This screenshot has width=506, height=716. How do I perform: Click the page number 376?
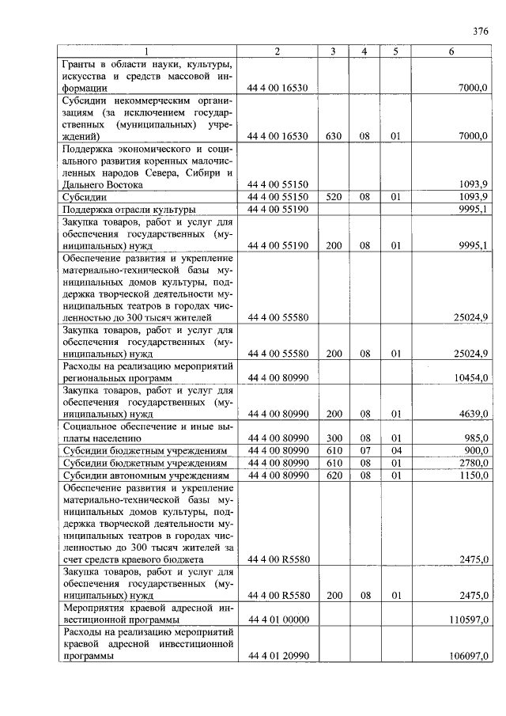(480, 32)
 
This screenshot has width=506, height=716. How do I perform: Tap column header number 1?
(148, 51)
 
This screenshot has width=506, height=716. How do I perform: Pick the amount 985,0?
(476, 437)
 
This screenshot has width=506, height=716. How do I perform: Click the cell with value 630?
(334, 136)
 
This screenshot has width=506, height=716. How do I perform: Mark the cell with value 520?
(334, 195)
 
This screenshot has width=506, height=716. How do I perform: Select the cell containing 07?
(364, 450)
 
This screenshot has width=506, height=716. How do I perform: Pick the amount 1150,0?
(474, 475)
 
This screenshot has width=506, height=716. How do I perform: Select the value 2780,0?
(474, 463)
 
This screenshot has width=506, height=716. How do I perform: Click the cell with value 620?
(334, 475)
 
